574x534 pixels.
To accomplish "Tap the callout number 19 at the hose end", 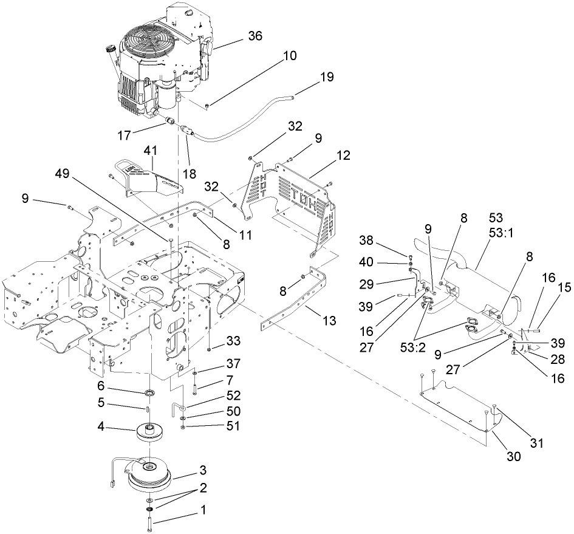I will coord(327,77).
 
